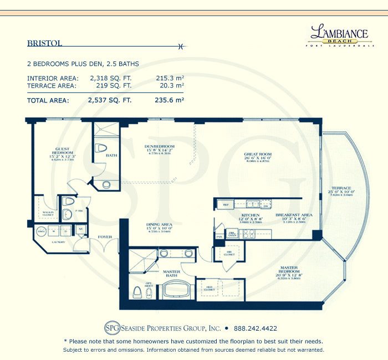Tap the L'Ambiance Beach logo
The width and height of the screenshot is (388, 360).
pos(339,35)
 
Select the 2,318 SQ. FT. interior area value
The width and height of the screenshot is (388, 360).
pos(110,78)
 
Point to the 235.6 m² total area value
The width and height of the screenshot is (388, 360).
pos(169,101)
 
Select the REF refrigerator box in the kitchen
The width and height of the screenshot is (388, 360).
pos(226,204)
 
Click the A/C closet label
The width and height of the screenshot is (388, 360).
pos(80,229)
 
